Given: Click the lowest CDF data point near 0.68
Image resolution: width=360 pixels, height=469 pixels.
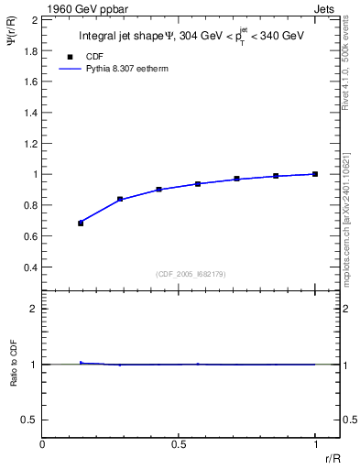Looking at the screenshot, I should pos(81,223).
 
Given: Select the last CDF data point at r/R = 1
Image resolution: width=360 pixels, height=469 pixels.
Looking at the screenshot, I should pos(315,173).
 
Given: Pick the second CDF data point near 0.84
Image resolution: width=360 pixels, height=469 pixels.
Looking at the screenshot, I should pos(120,199).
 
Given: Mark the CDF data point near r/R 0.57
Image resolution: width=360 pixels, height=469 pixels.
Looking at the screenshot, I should pos(198,184).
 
